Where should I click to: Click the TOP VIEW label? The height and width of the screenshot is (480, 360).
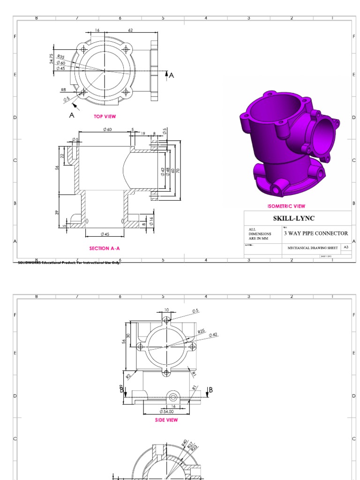click(x=105, y=116)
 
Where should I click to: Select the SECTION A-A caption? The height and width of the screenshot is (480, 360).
click(x=107, y=248)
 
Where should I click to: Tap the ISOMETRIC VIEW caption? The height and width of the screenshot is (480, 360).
click(x=286, y=206)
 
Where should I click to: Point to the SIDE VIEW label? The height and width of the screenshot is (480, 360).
click(x=166, y=420)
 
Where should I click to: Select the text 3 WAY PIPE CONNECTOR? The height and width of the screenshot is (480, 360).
click(x=315, y=233)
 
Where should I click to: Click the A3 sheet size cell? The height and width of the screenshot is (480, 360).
click(x=346, y=247)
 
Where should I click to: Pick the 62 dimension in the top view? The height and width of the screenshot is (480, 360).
click(x=130, y=30)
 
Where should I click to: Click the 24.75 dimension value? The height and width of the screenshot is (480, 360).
click(x=52, y=58)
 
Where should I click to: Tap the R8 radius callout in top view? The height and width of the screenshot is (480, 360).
click(x=63, y=90)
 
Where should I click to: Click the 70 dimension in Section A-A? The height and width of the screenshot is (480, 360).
click(x=179, y=171)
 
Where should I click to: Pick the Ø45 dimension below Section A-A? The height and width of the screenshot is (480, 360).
click(x=105, y=234)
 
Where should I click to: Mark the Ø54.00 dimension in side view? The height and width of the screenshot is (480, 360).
click(x=166, y=412)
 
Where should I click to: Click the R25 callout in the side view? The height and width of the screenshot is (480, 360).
click(x=201, y=331)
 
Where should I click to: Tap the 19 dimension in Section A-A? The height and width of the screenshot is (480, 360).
click(x=143, y=134)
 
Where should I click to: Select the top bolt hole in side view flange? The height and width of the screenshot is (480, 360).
click(x=166, y=320)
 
